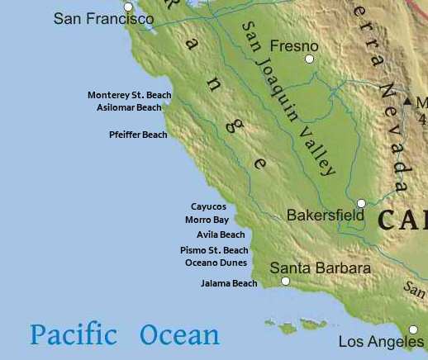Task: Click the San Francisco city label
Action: pos(103,18)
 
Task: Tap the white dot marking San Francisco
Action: pos(128,7)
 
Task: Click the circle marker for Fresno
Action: pos(310,59)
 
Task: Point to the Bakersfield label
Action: pos(326,216)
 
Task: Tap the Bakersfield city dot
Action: pos(361,203)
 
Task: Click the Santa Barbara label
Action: pos(321,268)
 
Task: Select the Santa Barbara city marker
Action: pos(286,281)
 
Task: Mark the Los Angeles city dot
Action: pos(413,329)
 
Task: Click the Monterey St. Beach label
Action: pos(130,95)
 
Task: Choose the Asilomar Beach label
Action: pos(129,107)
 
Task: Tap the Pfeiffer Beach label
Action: pos(138,135)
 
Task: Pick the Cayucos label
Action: pos(208,206)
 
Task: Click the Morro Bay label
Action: pos(207,220)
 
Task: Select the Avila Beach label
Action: pos(221,234)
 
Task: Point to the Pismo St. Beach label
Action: pos(214,250)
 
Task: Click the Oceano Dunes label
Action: pos(216,263)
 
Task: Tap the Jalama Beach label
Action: pos(229,283)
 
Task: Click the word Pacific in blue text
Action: pos(74,334)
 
